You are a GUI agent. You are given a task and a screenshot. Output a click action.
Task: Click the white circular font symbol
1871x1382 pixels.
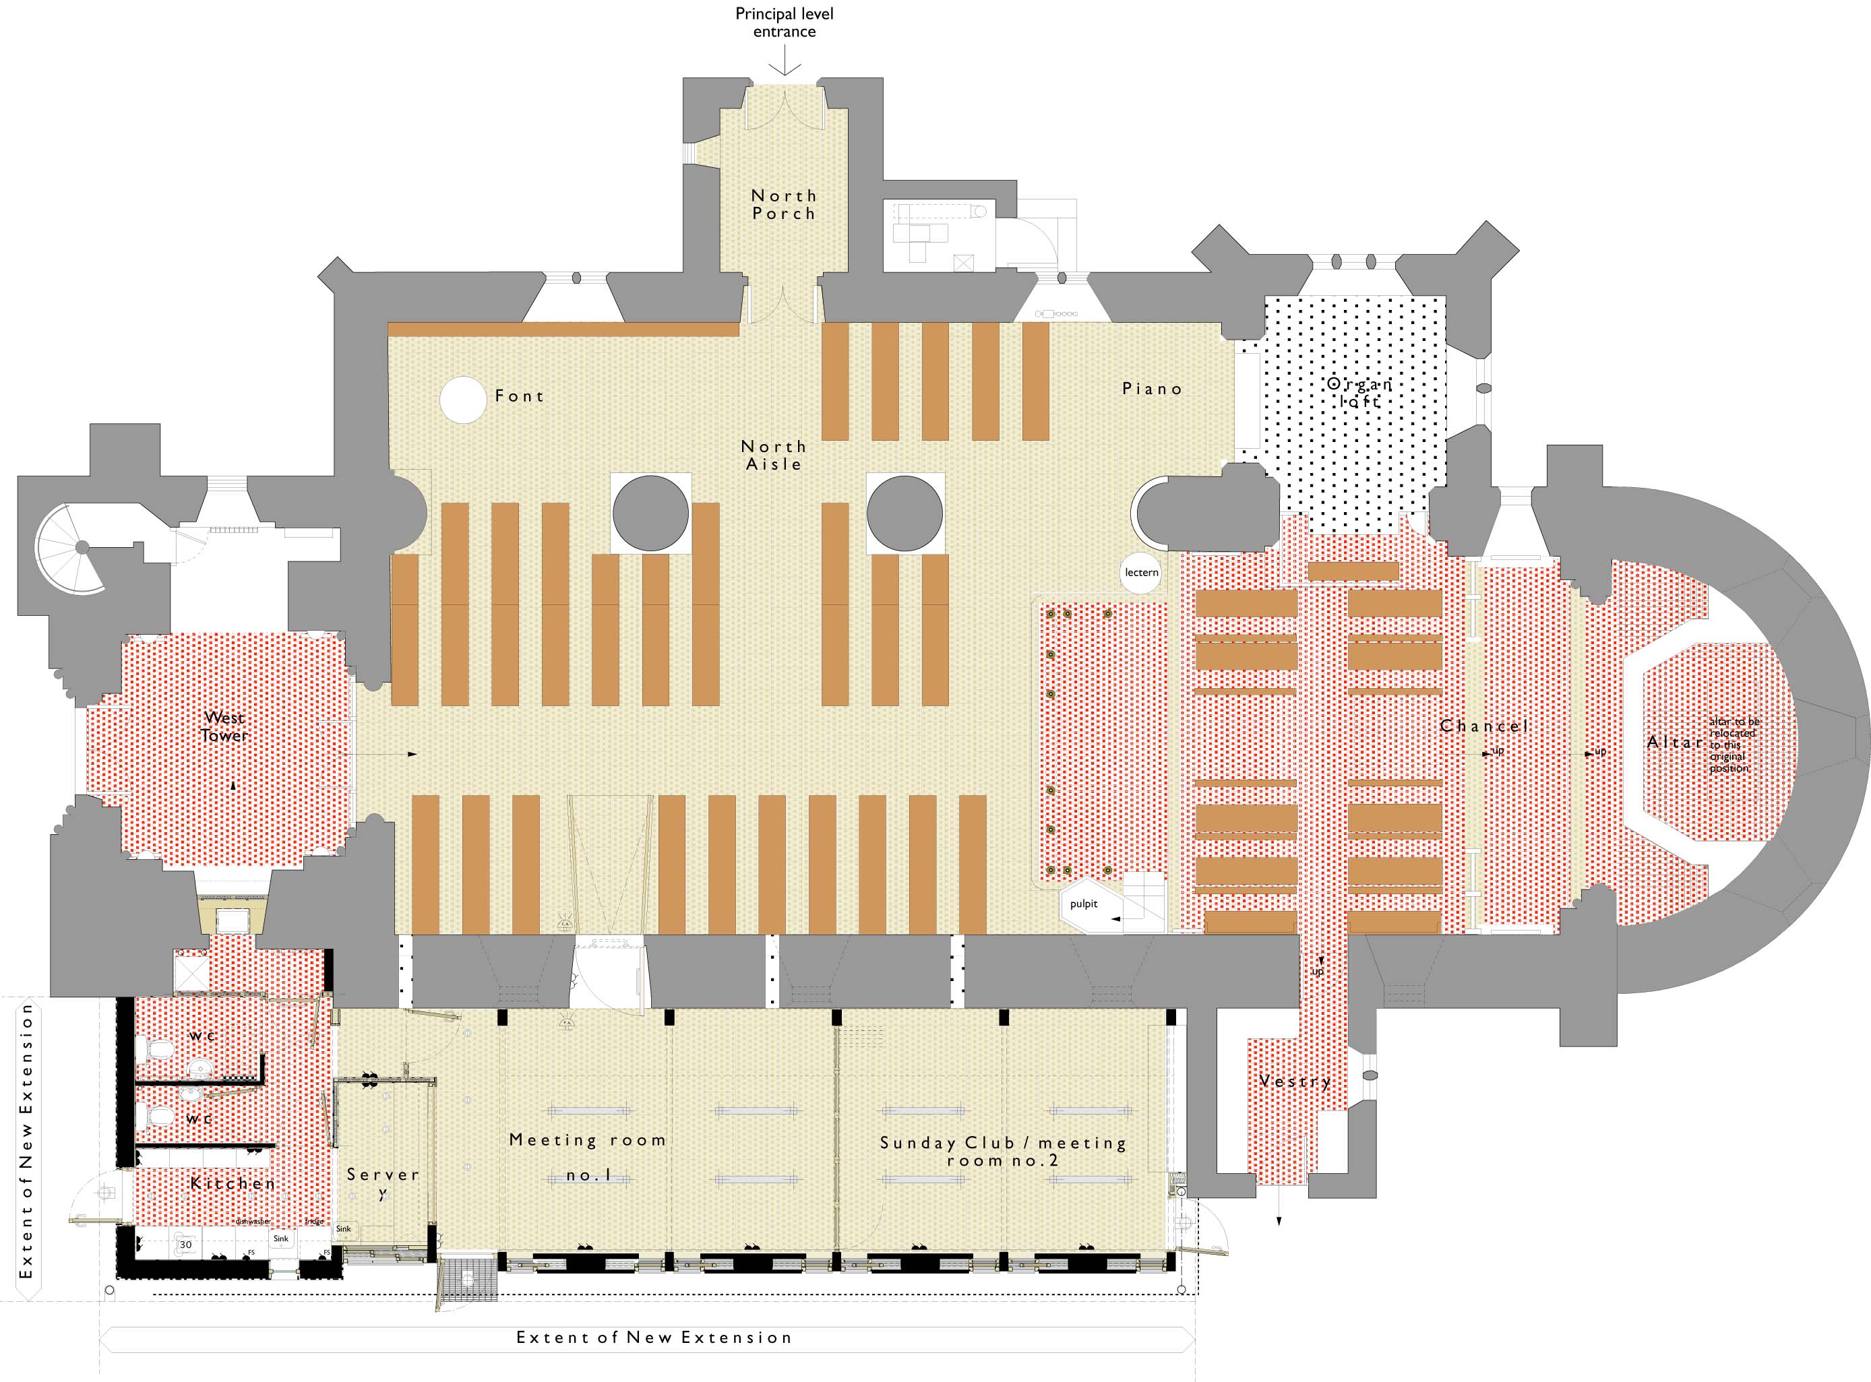click(x=463, y=400)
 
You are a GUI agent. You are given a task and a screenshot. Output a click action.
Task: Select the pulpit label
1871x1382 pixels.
click(x=1084, y=904)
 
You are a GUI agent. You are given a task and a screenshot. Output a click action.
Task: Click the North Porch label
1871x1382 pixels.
click(x=783, y=204)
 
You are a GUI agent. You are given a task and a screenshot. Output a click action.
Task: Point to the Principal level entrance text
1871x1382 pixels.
click(x=784, y=23)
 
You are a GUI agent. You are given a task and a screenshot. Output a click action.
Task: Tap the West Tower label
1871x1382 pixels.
click(x=225, y=726)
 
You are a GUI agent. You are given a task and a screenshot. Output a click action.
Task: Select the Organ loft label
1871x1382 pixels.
click(x=1359, y=392)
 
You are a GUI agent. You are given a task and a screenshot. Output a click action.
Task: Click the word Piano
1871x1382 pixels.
click(x=1153, y=389)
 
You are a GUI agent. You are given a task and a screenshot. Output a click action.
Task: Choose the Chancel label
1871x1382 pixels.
click(x=1483, y=725)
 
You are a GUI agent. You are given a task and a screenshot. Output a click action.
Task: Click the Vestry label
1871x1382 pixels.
click(x=1295, y=1081)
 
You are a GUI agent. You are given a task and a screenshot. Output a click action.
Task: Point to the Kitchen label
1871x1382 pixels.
click(x=233, y=1184)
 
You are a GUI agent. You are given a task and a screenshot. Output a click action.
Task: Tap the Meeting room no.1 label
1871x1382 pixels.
click(x=588, y=1157)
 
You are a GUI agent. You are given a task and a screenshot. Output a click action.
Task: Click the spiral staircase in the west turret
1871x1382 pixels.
click(x=71, y=548)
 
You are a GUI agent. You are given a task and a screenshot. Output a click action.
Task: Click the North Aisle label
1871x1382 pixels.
click(x=774, y=455)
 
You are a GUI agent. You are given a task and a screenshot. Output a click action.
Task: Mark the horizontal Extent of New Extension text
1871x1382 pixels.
click(x=654, y=1338)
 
